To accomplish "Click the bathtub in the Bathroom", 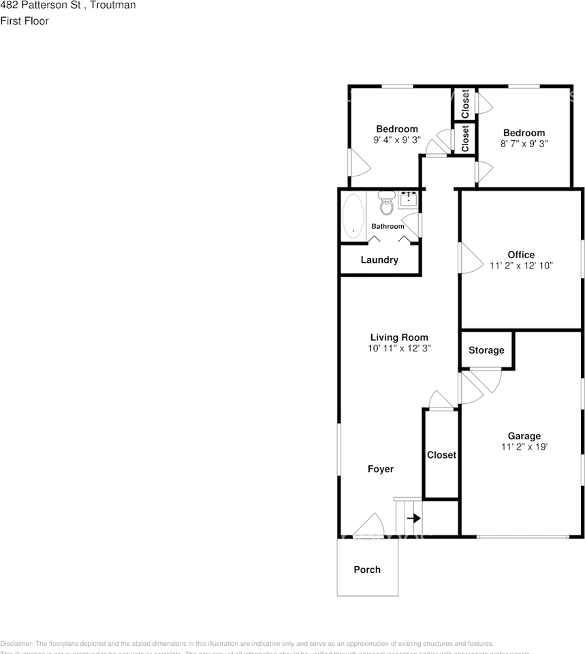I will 353,216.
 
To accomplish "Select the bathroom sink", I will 409,199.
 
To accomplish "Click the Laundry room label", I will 379,260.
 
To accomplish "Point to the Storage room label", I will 486,350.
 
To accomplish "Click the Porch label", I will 367,570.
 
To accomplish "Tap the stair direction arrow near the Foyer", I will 413,518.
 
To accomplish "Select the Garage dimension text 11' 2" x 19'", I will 524,448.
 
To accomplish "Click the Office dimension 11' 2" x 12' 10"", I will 521,266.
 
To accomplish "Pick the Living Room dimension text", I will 399,348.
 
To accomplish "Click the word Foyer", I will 381,469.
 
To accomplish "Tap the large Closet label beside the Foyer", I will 441,455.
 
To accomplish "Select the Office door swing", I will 470,258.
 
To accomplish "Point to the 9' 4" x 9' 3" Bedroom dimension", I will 397,140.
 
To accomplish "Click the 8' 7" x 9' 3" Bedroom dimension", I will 524,144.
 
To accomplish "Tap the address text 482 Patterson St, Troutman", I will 68,5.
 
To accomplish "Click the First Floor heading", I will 25,21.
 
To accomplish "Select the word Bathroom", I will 388,226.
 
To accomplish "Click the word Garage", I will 524,436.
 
